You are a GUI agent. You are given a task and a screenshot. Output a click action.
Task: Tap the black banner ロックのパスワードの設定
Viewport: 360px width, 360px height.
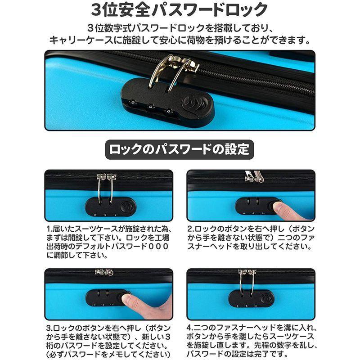(x=180, y=148)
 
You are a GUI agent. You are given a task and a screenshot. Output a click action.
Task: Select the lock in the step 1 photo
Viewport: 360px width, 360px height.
(x=109, y=207)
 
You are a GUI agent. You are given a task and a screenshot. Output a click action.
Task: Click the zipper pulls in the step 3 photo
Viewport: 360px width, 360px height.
(x=104, y=272)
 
